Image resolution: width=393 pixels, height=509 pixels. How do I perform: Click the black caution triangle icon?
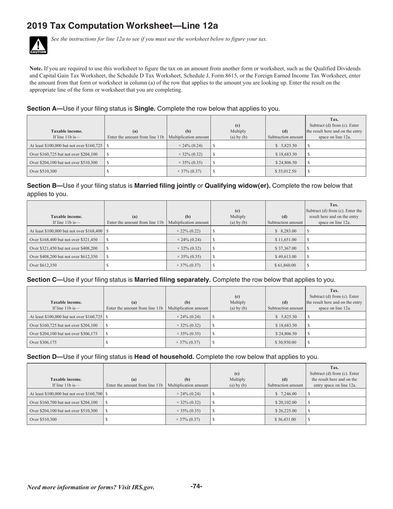pos(38,45)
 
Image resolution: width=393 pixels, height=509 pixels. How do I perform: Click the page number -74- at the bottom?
pos(196,486)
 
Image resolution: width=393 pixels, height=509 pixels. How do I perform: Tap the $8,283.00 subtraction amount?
pos(286,230)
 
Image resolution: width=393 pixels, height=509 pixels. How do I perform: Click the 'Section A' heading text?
pos(44,109)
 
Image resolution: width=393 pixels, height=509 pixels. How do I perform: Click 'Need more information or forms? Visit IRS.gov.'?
pos(91,487)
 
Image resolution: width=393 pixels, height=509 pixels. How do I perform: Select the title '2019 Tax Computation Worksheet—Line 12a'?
pos(122,26)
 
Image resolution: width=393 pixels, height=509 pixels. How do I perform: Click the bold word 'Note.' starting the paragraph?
pos(36,68)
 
